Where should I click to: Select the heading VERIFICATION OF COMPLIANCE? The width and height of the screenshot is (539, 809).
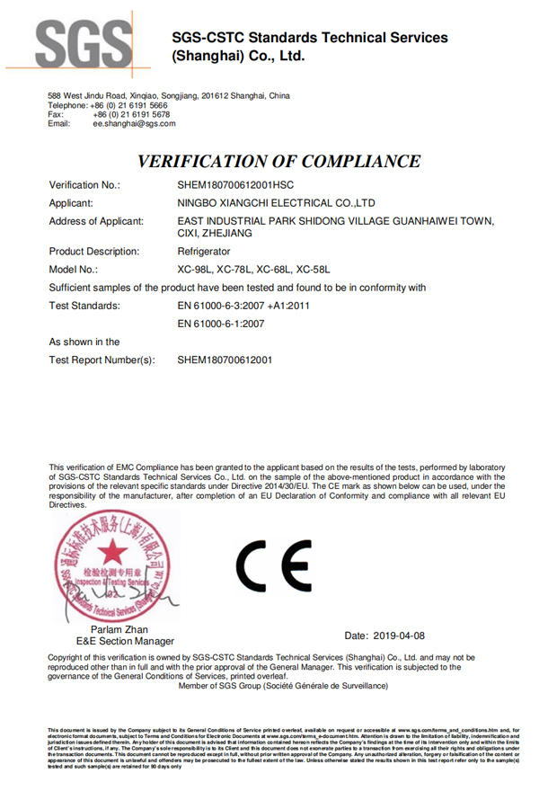click(x=278, y=162)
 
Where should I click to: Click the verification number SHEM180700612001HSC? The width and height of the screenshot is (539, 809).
click(x=243, y=184)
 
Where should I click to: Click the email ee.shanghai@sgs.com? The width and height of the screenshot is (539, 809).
click(x=134, y=123)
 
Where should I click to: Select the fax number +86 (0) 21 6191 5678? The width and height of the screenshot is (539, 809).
click(x=129, y=114)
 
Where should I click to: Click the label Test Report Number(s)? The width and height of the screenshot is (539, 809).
click(x=102, y=360)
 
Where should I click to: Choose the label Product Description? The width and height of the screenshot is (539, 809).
click(x=94, y=252)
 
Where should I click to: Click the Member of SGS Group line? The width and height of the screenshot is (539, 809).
click(x=283, y=685)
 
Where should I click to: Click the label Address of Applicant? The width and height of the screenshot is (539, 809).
click(x=96, y=221)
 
